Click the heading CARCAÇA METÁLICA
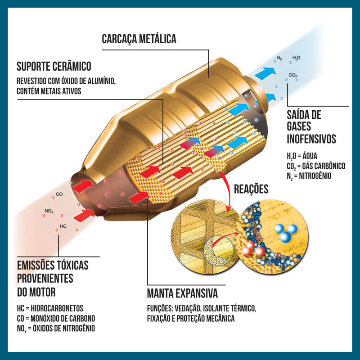(139, 39)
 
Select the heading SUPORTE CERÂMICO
(54, 67)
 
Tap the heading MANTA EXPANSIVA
(182, 294)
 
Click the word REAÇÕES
(251, 189)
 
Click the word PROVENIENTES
(45, 279)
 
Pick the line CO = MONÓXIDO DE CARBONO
(56, 318)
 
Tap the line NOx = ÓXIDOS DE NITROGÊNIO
(56, 328)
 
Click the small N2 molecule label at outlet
(279, 58)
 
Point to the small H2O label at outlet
(297, 58)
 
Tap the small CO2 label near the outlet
(293, 75)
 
